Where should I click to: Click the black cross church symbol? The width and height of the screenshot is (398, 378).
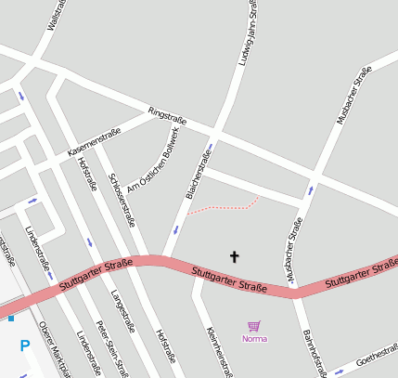[234, 255]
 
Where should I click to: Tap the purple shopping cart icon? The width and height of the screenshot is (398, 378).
[254, 326]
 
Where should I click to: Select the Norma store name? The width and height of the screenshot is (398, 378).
[254, 339]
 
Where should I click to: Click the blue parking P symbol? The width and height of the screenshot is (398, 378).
[25, 346]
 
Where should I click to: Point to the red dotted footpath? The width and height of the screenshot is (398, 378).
[224, 206]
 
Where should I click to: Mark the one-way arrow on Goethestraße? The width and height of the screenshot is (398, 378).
[339, 371]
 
